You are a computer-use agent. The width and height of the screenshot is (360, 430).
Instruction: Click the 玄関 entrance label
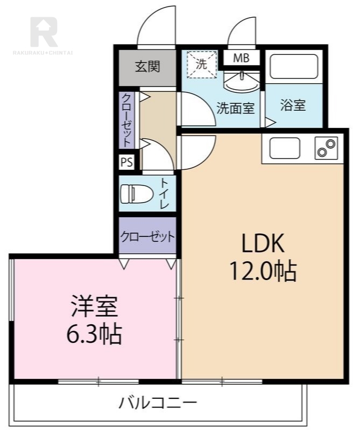(x=148, y=67)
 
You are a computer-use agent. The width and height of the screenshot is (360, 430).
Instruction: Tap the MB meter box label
(x=241, y=58)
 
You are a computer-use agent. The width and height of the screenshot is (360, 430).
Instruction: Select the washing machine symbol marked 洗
(x=202, y=64)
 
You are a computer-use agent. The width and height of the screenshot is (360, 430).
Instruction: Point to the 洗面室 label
(x=236, y=108)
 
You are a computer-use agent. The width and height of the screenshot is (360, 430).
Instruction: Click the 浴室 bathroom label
(x=293, y=105)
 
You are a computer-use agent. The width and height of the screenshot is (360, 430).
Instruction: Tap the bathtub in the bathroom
(x=294, y=66)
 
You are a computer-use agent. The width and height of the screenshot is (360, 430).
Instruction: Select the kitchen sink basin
(x=285, y=148)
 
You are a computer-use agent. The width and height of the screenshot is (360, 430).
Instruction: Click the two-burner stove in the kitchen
(x=327, y=148)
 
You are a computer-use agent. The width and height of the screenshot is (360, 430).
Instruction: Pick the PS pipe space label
(x=127, y=162)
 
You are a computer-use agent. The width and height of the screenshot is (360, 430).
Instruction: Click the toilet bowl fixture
(x=137, y=194)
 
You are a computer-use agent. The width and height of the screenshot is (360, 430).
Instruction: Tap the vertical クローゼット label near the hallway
(x=126, y=120)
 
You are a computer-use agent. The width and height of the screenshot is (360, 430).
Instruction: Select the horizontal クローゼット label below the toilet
(x=148, y=236)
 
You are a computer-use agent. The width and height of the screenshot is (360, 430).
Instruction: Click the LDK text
(x=263, y=243)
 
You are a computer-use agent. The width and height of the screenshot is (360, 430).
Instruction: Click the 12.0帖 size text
(x=263, y=271)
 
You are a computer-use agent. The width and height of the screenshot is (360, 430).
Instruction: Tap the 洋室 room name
(x=95, y=306)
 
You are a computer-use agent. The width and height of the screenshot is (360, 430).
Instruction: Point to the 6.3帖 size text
(x=94, y=334)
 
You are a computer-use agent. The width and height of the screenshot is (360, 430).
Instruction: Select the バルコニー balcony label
(x=158, y=403)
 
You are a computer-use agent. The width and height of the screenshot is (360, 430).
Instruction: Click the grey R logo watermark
(x=44, y=32)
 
